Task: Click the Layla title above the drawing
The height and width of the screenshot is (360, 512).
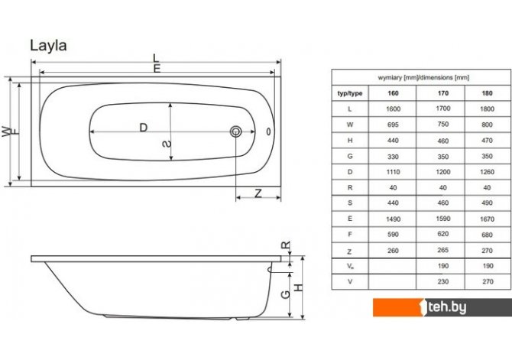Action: [x=48, y=46]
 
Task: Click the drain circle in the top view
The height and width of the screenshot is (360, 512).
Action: [x=236, y=131]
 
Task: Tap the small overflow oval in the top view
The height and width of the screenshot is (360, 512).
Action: [x=268, y=131]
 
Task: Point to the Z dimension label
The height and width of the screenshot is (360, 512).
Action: [x=258, y=193]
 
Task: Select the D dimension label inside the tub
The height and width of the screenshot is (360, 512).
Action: [x=144, y=128]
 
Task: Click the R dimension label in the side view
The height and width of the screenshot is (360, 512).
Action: [x=286, y=245]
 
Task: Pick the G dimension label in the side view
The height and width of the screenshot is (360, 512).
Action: [x=285, y=294]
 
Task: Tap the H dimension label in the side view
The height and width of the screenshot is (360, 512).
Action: [x=299, y=287]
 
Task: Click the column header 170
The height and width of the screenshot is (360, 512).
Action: [x=442, y=93]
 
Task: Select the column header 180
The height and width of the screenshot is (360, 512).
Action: [x=487, y=93]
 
